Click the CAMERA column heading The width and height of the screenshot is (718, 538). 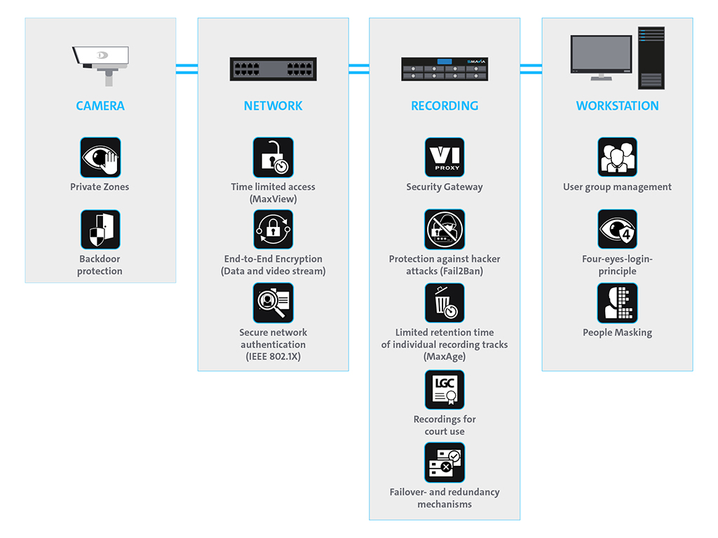(x=100, y=106)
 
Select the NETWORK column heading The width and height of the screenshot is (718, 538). (x=273, y=106)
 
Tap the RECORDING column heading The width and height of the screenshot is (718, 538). (x=445, y=106)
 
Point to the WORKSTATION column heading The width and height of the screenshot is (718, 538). (x=617, y=106)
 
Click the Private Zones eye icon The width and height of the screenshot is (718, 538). (x=100, y=158)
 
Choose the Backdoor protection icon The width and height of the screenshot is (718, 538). (x=100, y=230)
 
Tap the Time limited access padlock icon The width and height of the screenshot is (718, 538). (x=273, y=158)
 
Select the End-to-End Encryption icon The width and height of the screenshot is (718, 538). (x=273, y=230)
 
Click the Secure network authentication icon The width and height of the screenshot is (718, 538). (x=273, y=303)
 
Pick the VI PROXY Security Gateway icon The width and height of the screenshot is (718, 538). (x=445, y=158)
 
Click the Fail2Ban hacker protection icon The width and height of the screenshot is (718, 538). (x=445, y=230)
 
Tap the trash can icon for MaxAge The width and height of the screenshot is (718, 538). (x=445, y=303)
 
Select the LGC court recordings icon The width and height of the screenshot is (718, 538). (x=445, y=390)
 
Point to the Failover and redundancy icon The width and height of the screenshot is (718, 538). (x=445, y=462)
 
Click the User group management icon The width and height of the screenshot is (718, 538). (x=617, y=158)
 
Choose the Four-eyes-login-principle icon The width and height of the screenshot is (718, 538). (x=617, y=230)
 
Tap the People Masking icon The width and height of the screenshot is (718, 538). (x=617, y=303)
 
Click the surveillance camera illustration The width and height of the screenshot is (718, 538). (x=101, y=59)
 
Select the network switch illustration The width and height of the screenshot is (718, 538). (x=273, y=69)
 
